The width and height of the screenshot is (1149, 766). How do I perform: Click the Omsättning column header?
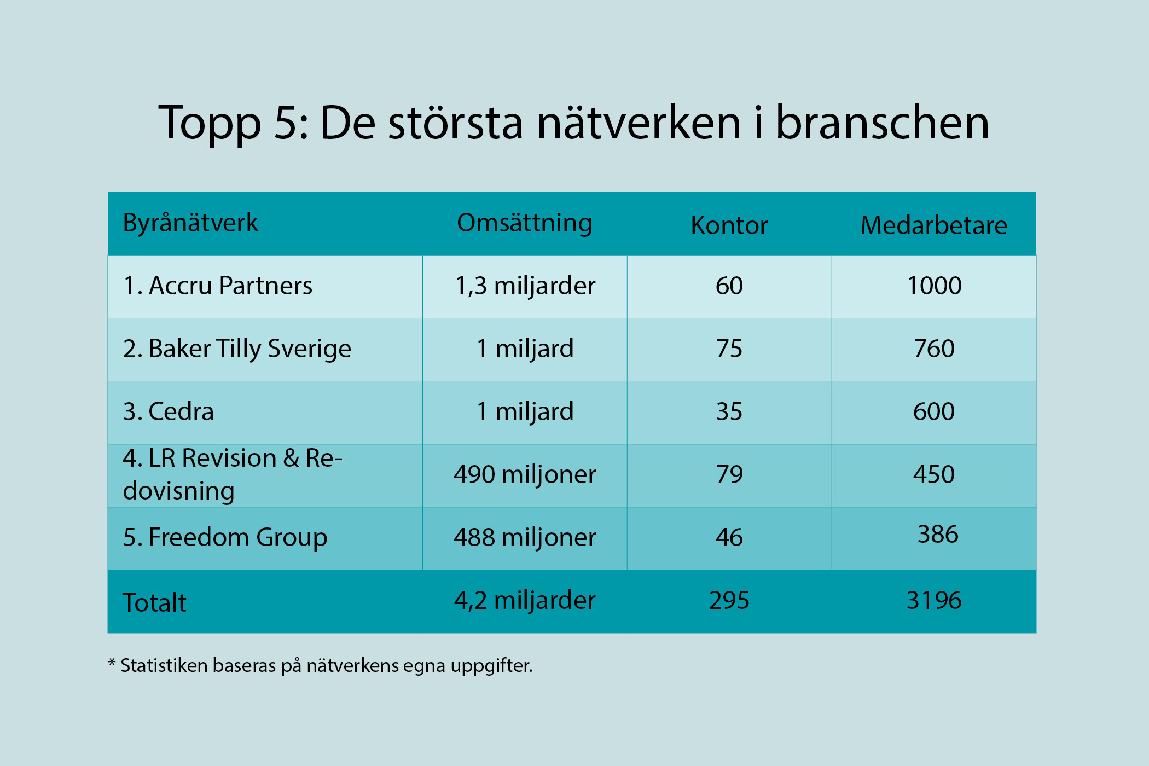[x=524, y=223]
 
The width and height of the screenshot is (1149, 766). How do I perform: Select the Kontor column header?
[x=729, y=225]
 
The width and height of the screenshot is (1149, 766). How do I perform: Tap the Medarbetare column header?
[x=933, y=225]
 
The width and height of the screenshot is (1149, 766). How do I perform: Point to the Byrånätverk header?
[x=190, y=223]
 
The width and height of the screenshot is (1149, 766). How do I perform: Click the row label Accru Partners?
[x=218, y=286]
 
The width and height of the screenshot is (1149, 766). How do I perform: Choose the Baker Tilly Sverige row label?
[x=237, y=349]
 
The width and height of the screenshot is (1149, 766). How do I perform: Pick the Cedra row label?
[x=169, y=411]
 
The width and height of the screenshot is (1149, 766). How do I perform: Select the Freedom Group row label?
[x=225, y=537]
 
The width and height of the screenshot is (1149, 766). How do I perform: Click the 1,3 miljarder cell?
[x=525, y=286]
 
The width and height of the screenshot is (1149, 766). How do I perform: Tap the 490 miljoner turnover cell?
[x=524, y=474]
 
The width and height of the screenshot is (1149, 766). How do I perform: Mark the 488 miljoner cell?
[x=524, y=537]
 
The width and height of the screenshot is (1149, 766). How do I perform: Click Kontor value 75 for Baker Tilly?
[x=729, y=349]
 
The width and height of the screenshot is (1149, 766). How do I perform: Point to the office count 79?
[x=729, y=474]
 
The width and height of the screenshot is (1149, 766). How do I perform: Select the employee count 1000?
[x=934, y=286]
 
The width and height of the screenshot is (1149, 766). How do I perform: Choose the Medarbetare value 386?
[x=937, y=534]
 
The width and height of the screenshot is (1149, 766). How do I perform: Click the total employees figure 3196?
[x=933, y=600]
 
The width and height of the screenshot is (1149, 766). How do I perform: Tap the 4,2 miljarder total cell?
[x=524, y=600]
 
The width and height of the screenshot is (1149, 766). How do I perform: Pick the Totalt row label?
[x=154, y=603]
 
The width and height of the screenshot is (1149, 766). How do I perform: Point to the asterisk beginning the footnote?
[x=112, y=663]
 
